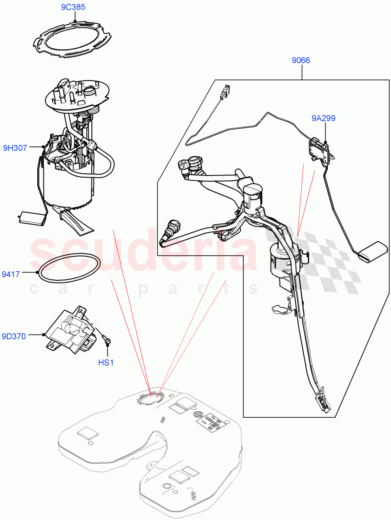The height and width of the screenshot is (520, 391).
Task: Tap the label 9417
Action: click(x=11, y=274)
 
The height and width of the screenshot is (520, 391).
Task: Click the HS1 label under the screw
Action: click(x=105, y=362)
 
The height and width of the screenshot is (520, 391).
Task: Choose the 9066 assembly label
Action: click(x=300, y=61)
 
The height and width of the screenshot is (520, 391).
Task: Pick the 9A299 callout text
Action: click(x=323, y=118)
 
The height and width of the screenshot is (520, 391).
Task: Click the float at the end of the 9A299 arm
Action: click(x=372, y=251)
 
